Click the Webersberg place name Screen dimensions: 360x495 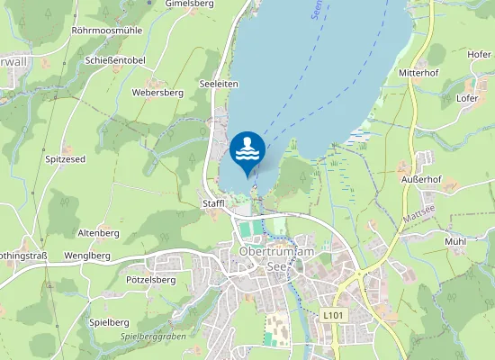point(157,92)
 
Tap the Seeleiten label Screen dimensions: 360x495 point(220,83)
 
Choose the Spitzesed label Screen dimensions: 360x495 point(65,159)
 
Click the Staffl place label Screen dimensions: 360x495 point(213,203)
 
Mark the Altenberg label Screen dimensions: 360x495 point(99,233)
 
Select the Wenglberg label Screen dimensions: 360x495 point(88,256)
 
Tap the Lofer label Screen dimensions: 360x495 point(467,97)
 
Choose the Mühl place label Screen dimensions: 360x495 point(455,241)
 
